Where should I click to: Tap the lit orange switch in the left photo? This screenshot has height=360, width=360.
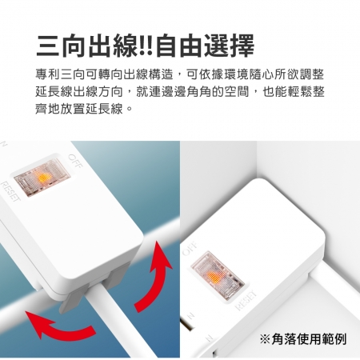pos(42,178)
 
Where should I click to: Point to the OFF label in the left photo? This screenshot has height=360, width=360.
pos(74,161)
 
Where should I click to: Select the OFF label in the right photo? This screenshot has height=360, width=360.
pos(190,248)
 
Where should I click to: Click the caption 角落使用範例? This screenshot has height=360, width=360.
pos(309,339)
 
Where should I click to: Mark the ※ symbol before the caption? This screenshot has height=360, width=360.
pos(265,339)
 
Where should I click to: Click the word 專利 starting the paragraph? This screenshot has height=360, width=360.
pos(48,74)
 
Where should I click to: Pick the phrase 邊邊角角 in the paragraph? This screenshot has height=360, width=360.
pos(186,92)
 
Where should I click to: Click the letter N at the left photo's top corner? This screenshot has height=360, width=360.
pos(4,145)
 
